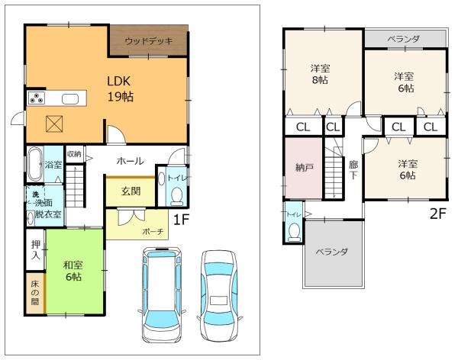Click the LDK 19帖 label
121,88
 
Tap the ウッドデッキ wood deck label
149,41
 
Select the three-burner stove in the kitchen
37,98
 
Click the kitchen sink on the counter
70,99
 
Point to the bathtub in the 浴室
35,165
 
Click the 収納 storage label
74,153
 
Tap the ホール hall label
130,161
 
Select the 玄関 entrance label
131,191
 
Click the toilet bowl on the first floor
177,196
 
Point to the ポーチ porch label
153,232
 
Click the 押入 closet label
36,250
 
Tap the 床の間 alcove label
35,293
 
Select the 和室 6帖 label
73,271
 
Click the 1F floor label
182,220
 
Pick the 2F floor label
438,214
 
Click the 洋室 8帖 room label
320,74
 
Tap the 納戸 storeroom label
305,167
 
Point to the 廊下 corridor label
353,170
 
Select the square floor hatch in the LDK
54,124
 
